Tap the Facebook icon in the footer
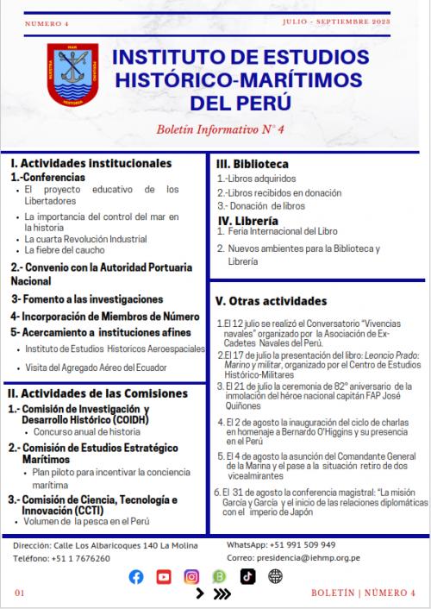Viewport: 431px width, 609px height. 159,576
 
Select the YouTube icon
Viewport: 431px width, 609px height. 188,576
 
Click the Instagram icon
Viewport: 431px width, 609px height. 215,576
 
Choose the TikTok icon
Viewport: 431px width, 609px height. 247,576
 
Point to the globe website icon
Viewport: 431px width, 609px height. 275,576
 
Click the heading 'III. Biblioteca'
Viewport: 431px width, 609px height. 252,163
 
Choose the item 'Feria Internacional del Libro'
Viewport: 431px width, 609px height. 287,233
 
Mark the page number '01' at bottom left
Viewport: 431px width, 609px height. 20,593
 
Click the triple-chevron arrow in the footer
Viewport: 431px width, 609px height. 222,593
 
